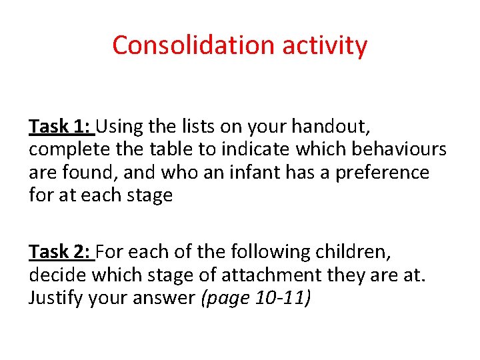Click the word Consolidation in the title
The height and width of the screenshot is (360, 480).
[x=194, y=45]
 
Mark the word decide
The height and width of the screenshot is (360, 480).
[x=58, y=275]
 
